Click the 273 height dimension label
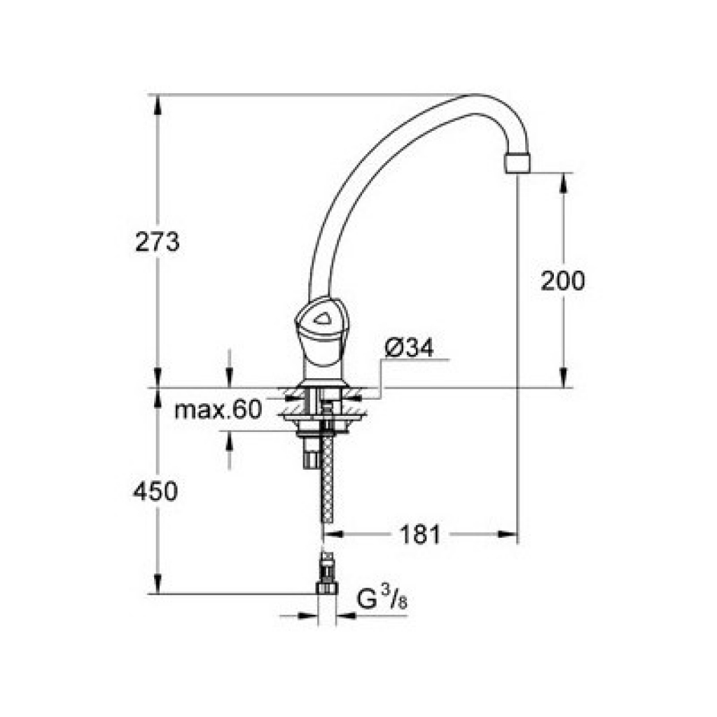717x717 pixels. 158,242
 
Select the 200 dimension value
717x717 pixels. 562,281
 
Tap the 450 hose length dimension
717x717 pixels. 155,492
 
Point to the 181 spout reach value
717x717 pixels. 420,534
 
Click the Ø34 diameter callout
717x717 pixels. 409,349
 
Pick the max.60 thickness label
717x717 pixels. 218,410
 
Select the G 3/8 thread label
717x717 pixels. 382,599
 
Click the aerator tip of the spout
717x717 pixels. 517,163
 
